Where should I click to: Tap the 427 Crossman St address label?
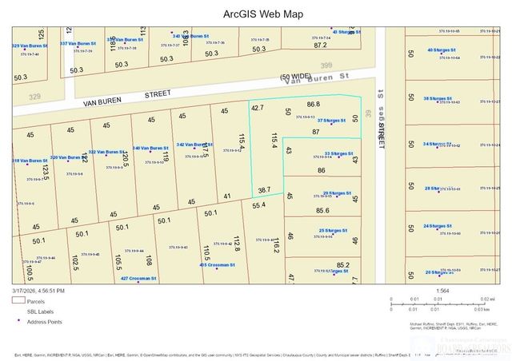click(x=138, y=279)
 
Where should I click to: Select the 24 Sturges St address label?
click(x=439, y=227)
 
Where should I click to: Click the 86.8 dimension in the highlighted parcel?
click(x=313, y=104)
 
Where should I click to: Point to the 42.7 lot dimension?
click(x=257, y=107)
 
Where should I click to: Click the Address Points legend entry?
click(x=44, y=322)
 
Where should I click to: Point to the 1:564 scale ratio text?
click(x=442, y=291)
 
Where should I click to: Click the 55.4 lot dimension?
click(x=258, y=206)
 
